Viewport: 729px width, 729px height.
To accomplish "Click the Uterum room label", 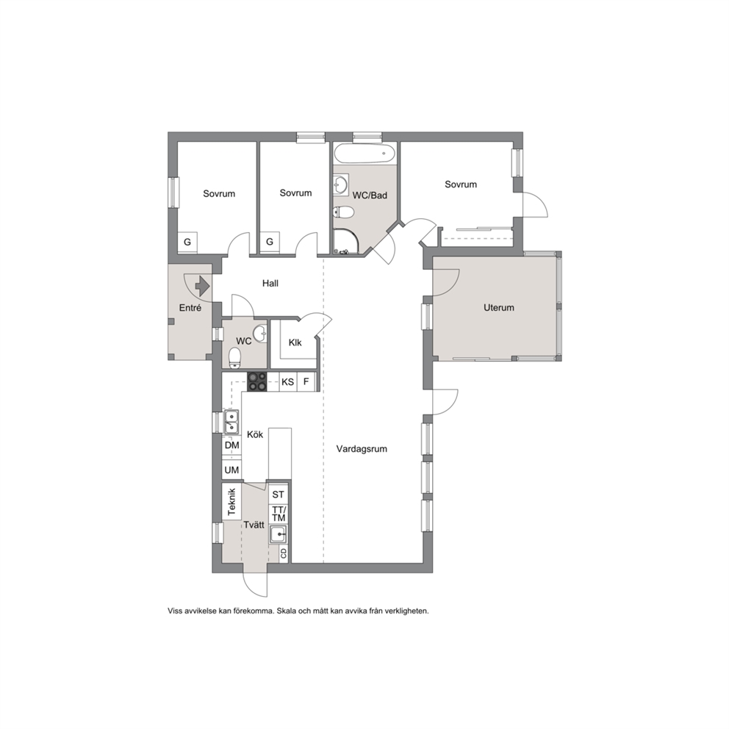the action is point(498,307).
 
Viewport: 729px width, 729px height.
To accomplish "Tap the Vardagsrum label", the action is point(362,449).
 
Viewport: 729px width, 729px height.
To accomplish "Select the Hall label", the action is point(270,283).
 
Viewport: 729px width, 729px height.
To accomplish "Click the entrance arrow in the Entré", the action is point(203,286).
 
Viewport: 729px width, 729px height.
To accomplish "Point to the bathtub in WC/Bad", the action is point(365,153).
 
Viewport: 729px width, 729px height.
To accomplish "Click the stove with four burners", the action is point(257,381).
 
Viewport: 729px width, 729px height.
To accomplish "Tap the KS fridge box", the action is point(288,381).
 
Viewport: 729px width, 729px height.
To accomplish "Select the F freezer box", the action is point(306,381).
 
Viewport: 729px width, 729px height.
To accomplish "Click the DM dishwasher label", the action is point(231,445).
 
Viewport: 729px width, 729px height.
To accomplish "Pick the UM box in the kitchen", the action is point(231,470).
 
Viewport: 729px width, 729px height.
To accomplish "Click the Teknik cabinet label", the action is point(232,502).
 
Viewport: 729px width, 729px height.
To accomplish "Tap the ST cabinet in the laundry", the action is point(278,495).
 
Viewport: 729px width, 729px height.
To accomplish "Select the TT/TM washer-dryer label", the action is point(279,514).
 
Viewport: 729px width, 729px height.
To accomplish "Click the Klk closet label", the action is point(295,342).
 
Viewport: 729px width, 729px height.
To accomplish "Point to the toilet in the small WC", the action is point(235,358).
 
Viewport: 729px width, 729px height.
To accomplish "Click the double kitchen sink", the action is point(231,422).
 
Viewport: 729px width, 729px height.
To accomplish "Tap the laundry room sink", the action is point(278,534).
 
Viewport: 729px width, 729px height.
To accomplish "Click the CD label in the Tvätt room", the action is point(284,553).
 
